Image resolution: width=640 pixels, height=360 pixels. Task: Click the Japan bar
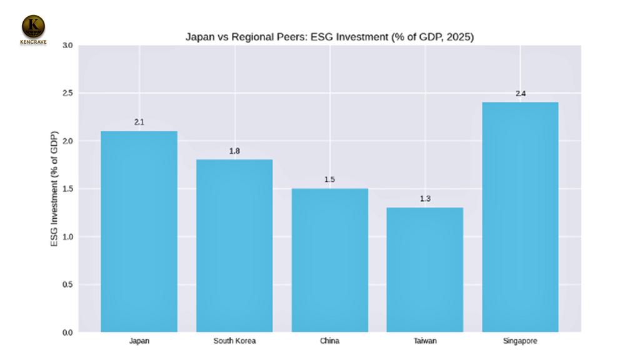point(139,231)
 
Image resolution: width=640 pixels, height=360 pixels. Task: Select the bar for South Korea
point(234,246)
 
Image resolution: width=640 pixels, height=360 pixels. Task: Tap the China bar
point(330,260)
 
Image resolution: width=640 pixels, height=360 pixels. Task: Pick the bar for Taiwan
point(425,269)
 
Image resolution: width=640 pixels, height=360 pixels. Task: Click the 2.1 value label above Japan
point(139,122)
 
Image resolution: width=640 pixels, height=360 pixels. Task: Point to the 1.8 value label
point(234,151)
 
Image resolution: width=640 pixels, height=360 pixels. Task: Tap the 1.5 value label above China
point(330,180)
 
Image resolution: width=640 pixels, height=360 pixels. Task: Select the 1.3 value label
point(425,199)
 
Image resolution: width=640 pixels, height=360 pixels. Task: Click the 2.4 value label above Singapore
point(521,94)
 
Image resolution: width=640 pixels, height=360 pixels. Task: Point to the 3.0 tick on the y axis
point(67,46)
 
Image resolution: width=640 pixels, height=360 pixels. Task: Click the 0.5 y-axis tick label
point(67,284)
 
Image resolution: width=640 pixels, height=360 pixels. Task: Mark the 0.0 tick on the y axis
point(67,332)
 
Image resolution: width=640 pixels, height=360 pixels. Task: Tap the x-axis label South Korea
point(234,341)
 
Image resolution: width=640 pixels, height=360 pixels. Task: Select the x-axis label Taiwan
point(425,341)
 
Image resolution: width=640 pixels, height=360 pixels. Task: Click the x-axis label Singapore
point(520,341)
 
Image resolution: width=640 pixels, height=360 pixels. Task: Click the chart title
point(330,37)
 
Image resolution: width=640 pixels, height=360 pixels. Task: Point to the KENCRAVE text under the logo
point(34,42)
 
